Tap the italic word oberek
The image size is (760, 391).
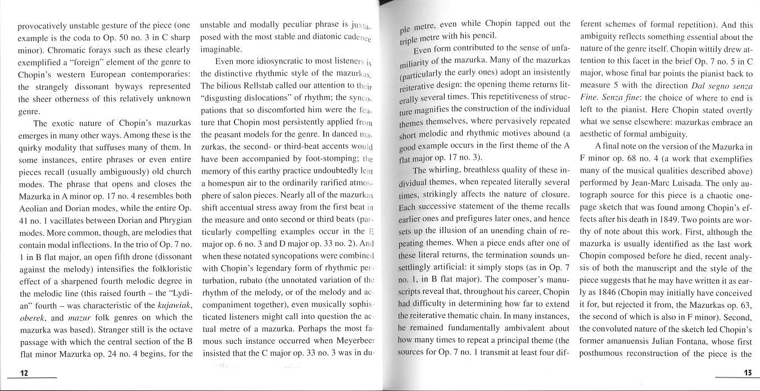click(x=32, y=316)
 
